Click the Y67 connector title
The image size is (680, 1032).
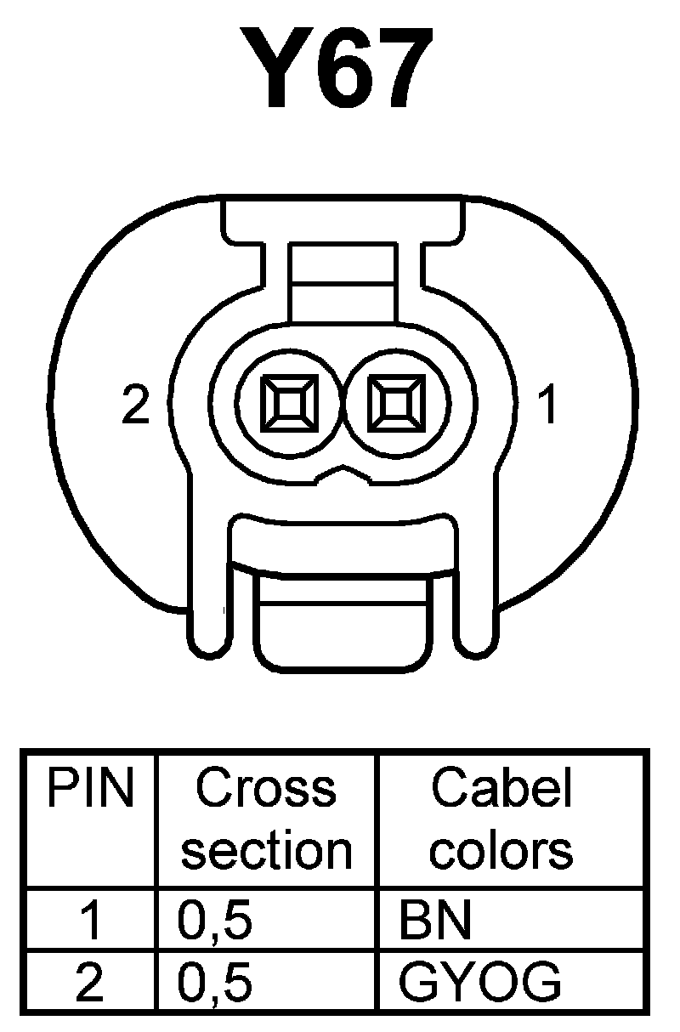[341, 71]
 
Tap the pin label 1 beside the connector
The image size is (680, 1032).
[549, 405]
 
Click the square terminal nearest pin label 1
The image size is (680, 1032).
[394, 401]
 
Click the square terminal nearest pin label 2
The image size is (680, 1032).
[290, 401]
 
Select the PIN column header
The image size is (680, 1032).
[90, 790]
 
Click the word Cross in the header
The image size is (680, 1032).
[266, 789]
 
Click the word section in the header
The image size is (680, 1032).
[266, 849]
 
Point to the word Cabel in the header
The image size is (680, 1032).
[501, 789]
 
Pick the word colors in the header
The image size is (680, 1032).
[501, 849]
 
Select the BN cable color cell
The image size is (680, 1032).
[435, 921]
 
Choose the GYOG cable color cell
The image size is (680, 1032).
[479, 982]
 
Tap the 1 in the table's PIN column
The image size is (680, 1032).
[90, 921]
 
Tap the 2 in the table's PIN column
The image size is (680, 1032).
[90, 982]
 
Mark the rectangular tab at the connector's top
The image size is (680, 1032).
[342, 281]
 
